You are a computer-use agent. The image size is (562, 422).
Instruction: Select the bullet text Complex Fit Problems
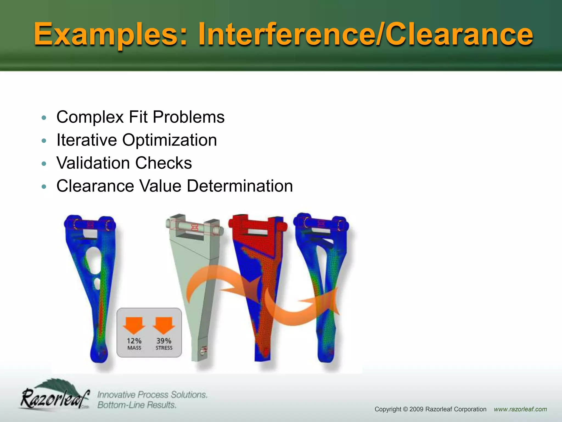point(140,117)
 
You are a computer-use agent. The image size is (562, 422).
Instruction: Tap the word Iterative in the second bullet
point(86,140)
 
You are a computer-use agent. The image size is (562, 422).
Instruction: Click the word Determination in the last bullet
point(240,186)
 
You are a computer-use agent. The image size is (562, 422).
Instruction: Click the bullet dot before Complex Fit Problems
point(44,118)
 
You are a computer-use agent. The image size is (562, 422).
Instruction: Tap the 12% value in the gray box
point(134,341)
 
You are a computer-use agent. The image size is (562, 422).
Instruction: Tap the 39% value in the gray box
point(164,341)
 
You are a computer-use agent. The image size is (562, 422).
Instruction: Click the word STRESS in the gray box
point(164,348)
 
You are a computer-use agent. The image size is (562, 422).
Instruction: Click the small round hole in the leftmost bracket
point(97,283)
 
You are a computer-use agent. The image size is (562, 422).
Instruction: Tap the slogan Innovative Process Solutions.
point(152,395)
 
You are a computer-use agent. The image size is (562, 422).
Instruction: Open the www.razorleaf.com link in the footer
point(520,409)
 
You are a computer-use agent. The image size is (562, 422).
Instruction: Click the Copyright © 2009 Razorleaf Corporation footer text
point(430,409)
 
